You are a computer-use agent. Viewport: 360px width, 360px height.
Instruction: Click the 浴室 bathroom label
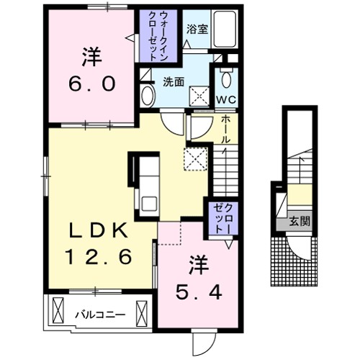click(197, 30)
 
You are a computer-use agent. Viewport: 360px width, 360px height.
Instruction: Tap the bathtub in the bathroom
click(225, 29)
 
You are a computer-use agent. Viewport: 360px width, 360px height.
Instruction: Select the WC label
click(226, 99)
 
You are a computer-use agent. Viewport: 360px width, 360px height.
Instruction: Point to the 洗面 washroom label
click(174, 82)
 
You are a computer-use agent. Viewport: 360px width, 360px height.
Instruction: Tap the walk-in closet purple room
click(158, 36)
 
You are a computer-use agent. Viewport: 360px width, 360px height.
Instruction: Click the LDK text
click(98, 230)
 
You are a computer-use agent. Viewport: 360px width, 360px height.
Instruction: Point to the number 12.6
click(99, 256)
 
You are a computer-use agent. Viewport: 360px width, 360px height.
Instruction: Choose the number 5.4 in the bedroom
click(199, 292)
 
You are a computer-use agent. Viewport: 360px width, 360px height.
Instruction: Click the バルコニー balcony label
click(100, 315)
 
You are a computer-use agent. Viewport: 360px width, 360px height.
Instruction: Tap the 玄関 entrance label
click(300, 221)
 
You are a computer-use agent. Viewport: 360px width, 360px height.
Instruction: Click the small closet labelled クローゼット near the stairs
click(223, 219)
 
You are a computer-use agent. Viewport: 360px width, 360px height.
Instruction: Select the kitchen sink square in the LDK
click(149, 204)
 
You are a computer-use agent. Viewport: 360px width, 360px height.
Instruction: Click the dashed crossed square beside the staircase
click(196, 159)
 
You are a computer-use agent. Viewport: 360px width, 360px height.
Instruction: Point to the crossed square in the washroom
click(199, 96)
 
